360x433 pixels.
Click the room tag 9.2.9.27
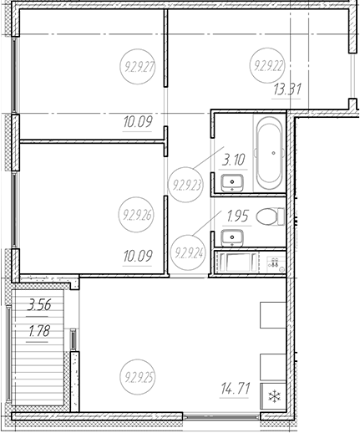pos(138,67)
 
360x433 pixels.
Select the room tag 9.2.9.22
pos(268,66)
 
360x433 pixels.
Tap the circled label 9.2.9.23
pos(186,185)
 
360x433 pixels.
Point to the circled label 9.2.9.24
pos(188,253)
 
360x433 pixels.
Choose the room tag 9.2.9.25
pos(138,377)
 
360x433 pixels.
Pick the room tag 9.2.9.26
pos(137,215)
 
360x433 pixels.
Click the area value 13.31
pos(287,89)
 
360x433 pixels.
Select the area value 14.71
pos(236,388)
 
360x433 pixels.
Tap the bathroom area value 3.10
pos(233,160)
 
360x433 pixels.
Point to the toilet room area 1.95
pos(237,216)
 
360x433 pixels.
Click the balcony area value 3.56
pos(39,304)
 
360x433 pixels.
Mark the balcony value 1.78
pos(39,331)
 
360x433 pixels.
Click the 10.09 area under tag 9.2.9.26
pos(138,256)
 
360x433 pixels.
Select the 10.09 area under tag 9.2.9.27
pos(138,122)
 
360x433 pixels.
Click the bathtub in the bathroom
pos(270,153)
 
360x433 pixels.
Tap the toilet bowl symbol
pos(270,216)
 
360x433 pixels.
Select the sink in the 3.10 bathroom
pos(232,182)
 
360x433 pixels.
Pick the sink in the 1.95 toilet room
pos(232,237)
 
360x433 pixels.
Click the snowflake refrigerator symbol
pos(274,396)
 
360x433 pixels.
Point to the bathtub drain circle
pos(274,153)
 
